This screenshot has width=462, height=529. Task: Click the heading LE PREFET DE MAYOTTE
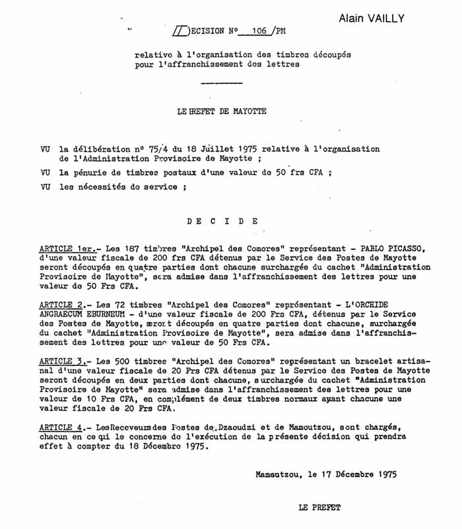[222, 111]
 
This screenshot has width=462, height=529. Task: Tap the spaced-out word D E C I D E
[222, 221]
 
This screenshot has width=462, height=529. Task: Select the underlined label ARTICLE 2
[61, 306]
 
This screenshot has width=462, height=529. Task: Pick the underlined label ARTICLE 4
[61, 426]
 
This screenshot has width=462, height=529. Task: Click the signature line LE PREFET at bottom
[320, 508]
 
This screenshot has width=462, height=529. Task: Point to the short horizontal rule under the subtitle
[220, 83]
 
